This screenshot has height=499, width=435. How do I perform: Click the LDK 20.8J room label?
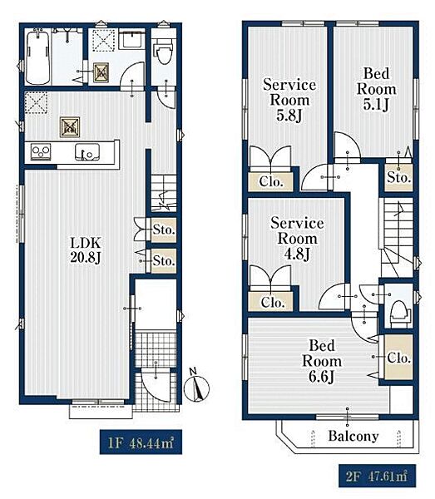(x=86, y=250)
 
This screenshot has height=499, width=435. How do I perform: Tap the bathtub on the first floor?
(x=38, y=57)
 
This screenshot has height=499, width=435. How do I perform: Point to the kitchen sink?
(x=87, y=152)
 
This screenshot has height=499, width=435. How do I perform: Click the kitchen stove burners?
(x=41, y=151)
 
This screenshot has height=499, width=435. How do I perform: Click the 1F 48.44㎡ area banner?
(x=141, y=442)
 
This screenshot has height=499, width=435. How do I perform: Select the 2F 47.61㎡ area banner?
(x=377, y=476)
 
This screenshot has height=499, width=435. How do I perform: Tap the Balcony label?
(x=353, y=436)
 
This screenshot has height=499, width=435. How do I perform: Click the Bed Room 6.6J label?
(x=322, y=361)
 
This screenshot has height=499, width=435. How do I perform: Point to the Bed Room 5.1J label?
(x=377, y=89)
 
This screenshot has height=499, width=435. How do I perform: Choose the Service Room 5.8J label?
(x=289, y=100)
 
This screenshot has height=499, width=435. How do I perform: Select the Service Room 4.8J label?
(x=297, y=239)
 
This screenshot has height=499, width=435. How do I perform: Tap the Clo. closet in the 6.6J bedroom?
(x=398, y=357)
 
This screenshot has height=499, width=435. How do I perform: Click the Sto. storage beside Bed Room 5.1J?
(x=398, y=178)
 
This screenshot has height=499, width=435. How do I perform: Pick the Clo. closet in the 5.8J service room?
(x=270, y=181)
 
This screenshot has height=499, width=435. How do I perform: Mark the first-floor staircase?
(x=164, y=193)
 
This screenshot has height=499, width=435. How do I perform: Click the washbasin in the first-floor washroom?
(x=132, y=39)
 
